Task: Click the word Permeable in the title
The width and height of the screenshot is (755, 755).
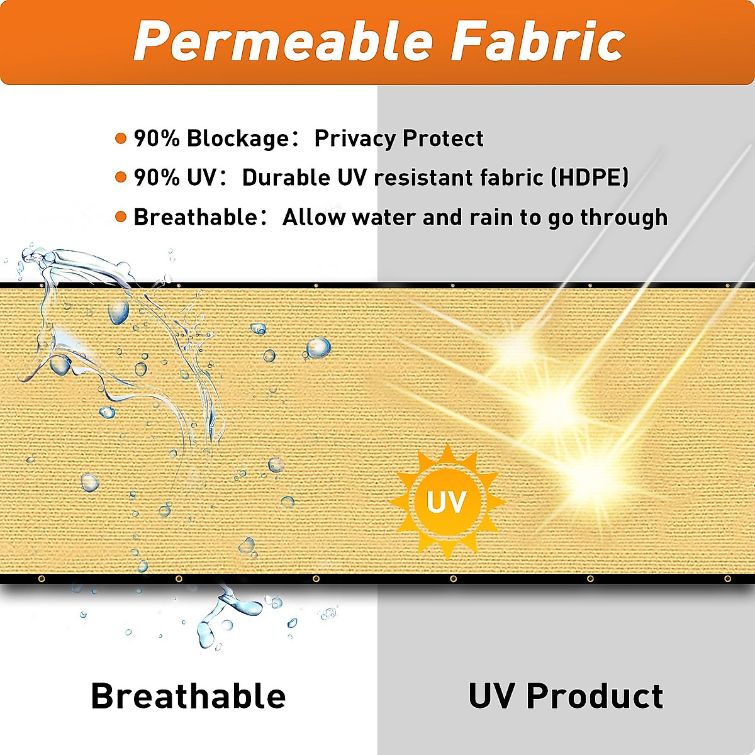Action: (x=284, y=42)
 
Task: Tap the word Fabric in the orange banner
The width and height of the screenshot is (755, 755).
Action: (x=538, y=42)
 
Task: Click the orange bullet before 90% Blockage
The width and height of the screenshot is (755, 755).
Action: (x=121, y=138)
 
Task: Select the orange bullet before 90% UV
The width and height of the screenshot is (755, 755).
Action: (x=121, y=177)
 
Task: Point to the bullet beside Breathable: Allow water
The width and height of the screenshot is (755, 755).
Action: (x=121, y=217)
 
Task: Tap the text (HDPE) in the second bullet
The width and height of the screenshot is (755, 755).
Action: (x=590, y=177)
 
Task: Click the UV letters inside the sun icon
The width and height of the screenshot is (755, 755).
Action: (x=446, y=502)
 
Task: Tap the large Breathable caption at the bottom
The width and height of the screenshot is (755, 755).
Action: (x=188, y=696)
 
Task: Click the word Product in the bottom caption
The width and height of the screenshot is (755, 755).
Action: (x=595, y=696)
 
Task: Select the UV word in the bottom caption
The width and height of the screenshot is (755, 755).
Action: (x=493, y=696)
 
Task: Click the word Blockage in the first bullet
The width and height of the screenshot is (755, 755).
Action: (x=237, y=138)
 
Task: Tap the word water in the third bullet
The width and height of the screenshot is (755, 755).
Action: (x=384, y=217)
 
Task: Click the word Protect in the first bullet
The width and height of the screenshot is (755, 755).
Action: (x=443, y=138)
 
